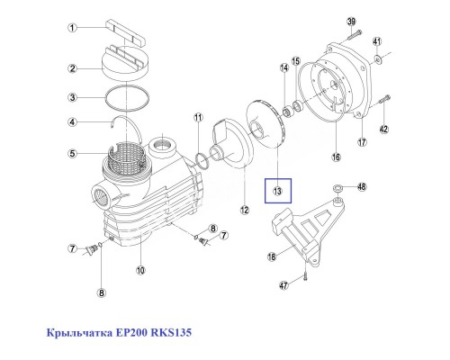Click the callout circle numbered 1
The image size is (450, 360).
[x=70, y=29]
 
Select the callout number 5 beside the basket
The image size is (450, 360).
[x=70, y=152]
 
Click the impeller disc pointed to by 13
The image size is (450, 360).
[x=269, y=135]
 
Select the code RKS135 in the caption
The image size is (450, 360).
[x=173, y=334]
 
